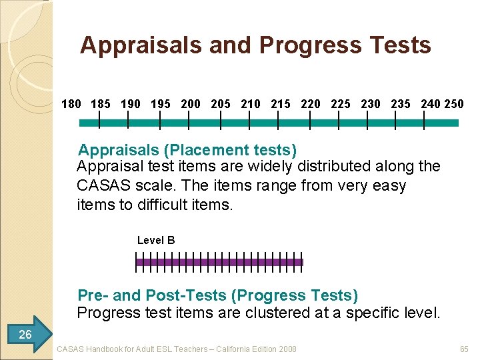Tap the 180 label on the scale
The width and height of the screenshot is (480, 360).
[x=71, y=104]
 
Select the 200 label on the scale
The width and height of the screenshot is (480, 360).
[x=191, y=104]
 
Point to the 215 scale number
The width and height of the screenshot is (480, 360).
[x=281, y=104]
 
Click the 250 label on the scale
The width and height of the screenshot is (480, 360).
[x=454, y=104]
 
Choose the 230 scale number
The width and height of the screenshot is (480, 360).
[x=371, y=104]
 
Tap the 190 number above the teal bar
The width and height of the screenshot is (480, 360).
[x=131, y=104]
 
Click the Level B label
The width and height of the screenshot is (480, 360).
[x=156, y=240]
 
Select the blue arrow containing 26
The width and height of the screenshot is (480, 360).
[x=27, y=334]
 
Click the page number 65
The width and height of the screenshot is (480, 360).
[x=464, y=349]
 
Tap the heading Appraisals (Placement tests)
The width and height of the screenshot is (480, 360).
[x=187, y=150]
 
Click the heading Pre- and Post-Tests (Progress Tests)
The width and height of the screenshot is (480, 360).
[x=217, y=295]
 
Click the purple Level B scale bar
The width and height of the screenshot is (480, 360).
[x=219, y=262]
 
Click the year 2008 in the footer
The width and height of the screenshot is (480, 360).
[x=287, y=349]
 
